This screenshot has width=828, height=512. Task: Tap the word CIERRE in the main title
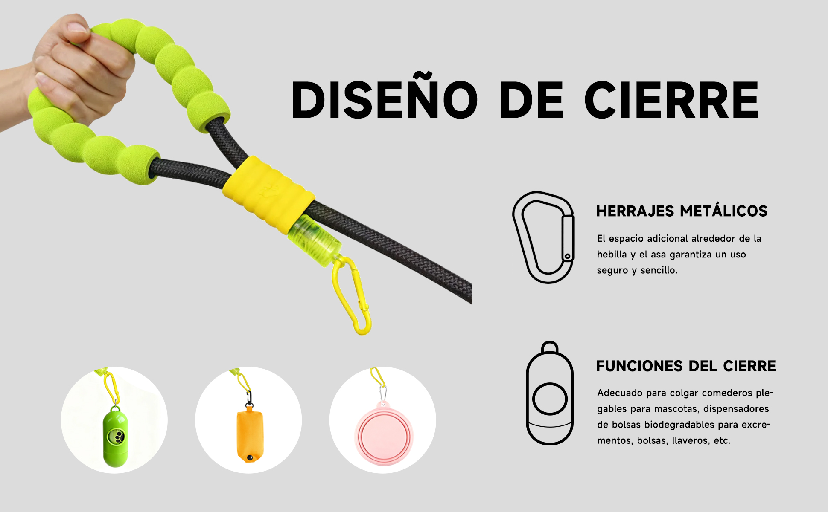(x=671, y=100)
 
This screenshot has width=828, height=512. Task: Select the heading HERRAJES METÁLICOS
(x=682, y=211)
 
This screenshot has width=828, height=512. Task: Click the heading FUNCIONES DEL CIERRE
(x=686, y=366)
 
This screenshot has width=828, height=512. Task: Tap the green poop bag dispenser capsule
(x=115, y=437)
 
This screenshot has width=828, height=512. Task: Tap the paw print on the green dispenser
(x=115, y=436)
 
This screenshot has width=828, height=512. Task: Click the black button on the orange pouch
(x=250, y=457)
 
